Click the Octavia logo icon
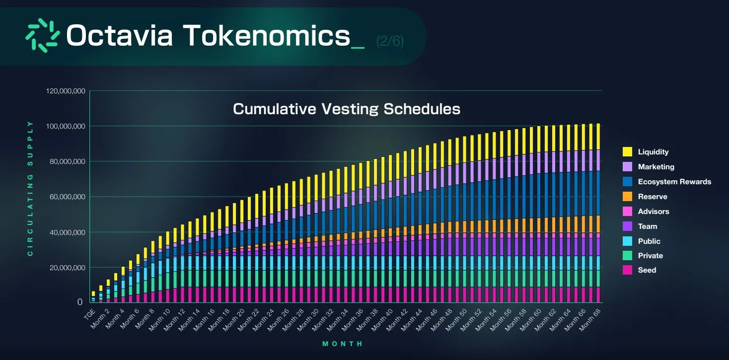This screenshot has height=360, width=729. (43, 35)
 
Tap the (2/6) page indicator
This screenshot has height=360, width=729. (390, 41)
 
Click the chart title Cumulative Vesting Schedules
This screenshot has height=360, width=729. (346, 109)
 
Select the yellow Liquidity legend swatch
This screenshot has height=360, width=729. (628, 152)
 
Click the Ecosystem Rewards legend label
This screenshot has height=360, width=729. (674, 182)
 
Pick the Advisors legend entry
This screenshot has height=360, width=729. (653, 212)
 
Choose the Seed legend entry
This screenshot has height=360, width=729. (647, 270)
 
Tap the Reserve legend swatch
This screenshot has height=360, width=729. (628, 197)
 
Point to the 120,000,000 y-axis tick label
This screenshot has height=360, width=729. (65, 91)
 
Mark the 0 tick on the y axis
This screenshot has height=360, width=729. (79, 302)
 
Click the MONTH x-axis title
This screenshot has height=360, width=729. (343, 344)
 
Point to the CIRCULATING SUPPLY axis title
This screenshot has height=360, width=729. (30, 189)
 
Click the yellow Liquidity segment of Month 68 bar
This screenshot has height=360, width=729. (597, 137)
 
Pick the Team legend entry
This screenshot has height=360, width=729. (647, 226)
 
